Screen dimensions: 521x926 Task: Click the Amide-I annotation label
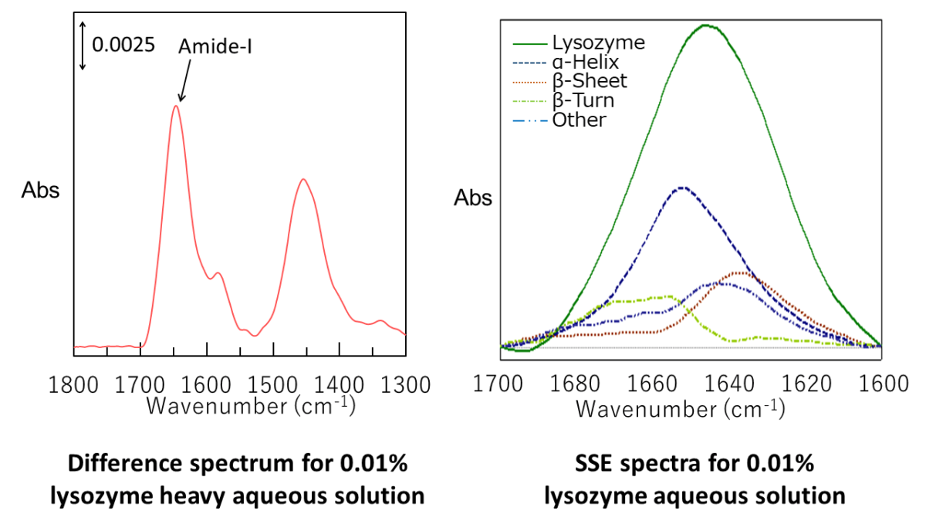coord(215,46)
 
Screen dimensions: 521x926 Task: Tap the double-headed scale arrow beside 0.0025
coord(83,44)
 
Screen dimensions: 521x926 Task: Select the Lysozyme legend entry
coord(598,42)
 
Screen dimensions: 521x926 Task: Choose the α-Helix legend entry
coord(586,62)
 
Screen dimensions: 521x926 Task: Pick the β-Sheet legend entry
coord(590,81)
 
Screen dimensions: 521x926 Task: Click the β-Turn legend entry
coord(583,100)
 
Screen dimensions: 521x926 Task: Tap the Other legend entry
coord(579,120)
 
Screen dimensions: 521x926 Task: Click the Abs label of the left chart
coord(40,191)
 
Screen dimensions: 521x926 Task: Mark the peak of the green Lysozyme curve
coord(705,25)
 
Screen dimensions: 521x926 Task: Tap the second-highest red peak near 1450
coord(304,180)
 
